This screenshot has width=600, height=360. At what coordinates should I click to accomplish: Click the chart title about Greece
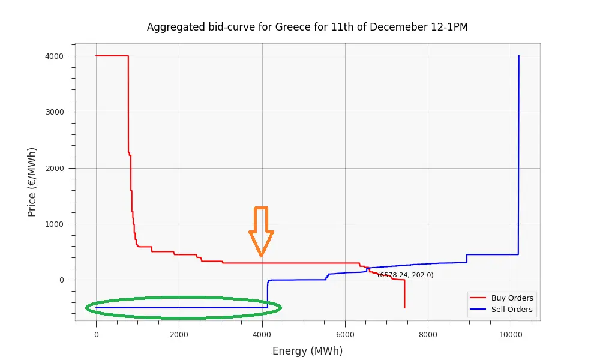[307, 27]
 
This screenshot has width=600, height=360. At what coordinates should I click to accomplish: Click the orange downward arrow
[261, 232]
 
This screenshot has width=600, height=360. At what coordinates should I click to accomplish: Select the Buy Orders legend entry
[512, 298]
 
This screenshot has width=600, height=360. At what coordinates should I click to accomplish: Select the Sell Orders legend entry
[512, 310]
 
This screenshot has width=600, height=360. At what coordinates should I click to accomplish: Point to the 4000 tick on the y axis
[61, 56]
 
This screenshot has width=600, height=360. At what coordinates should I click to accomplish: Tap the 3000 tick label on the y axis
[61, 112]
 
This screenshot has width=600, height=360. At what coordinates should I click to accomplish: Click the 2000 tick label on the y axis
[61, 168]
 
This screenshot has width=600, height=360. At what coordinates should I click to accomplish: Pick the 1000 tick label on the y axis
[61, 224]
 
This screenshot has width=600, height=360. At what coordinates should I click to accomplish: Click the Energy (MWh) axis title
[307, 351]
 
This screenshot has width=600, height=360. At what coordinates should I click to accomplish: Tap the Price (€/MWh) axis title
[32, 182]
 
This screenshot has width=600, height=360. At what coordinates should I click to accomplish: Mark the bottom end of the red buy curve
[404, 307]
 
